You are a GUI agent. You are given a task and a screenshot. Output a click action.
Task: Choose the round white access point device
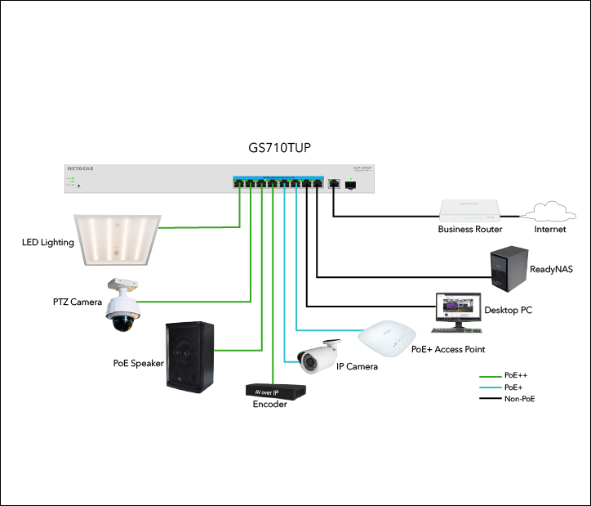(x=387, y=337)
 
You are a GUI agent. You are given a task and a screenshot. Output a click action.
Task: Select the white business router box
(x=470, y=210)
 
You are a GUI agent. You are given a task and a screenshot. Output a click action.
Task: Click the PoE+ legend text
(x=514, y=387)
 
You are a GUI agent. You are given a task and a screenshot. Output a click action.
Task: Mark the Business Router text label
(x=469, y=230)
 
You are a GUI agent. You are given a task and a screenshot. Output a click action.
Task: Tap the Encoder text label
(x=270, y=405)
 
